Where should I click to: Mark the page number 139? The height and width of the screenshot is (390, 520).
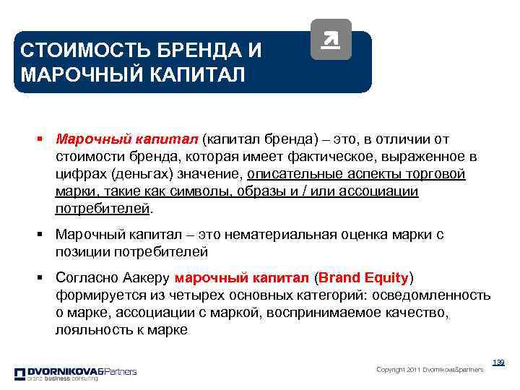tap(498, 362)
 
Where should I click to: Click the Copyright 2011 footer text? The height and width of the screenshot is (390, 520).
tap(430, 370)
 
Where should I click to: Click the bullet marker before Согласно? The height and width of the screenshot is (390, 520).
tap(44, 278)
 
